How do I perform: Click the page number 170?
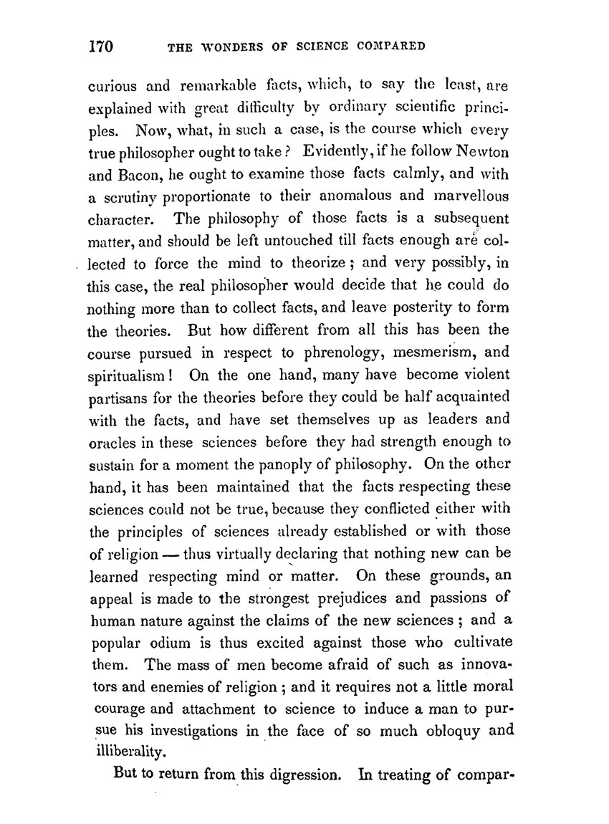[x=102, y=47]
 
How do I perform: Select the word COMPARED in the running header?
[x=390, y=49]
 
